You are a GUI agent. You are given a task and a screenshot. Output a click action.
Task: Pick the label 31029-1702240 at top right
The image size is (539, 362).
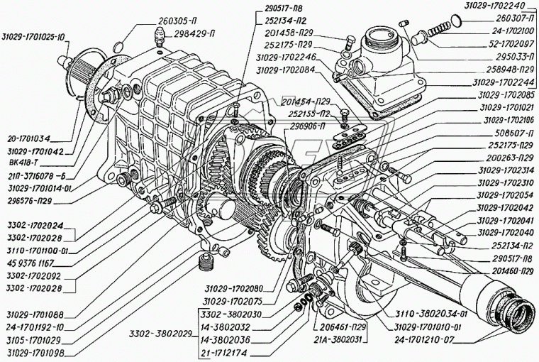point(496,5)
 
